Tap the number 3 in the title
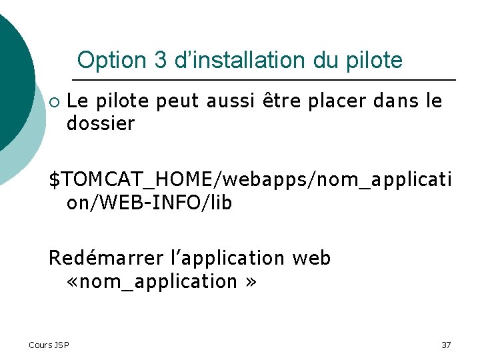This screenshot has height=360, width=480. coord(160,61)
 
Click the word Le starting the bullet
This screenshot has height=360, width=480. coord(79,101)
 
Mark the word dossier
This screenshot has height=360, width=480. coord(101,123)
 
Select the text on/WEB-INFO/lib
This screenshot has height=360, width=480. coord(149,202)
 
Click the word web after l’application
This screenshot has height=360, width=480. coord(311,258)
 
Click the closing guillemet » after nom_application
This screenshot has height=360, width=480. coord(250,282)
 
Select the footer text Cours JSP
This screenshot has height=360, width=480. coord(49,345)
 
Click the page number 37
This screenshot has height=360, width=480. coord(446,345)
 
